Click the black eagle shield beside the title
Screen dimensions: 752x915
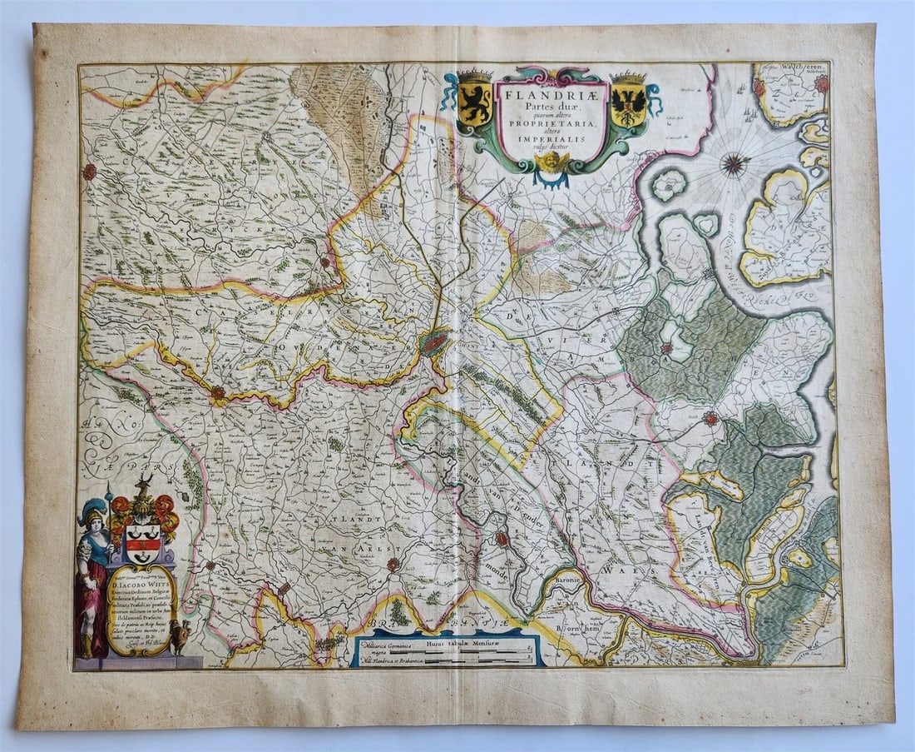coord(628,102)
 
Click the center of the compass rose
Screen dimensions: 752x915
coord(734,164)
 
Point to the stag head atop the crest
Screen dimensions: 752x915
coord(144,486)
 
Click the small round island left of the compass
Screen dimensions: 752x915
coord(669,184)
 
